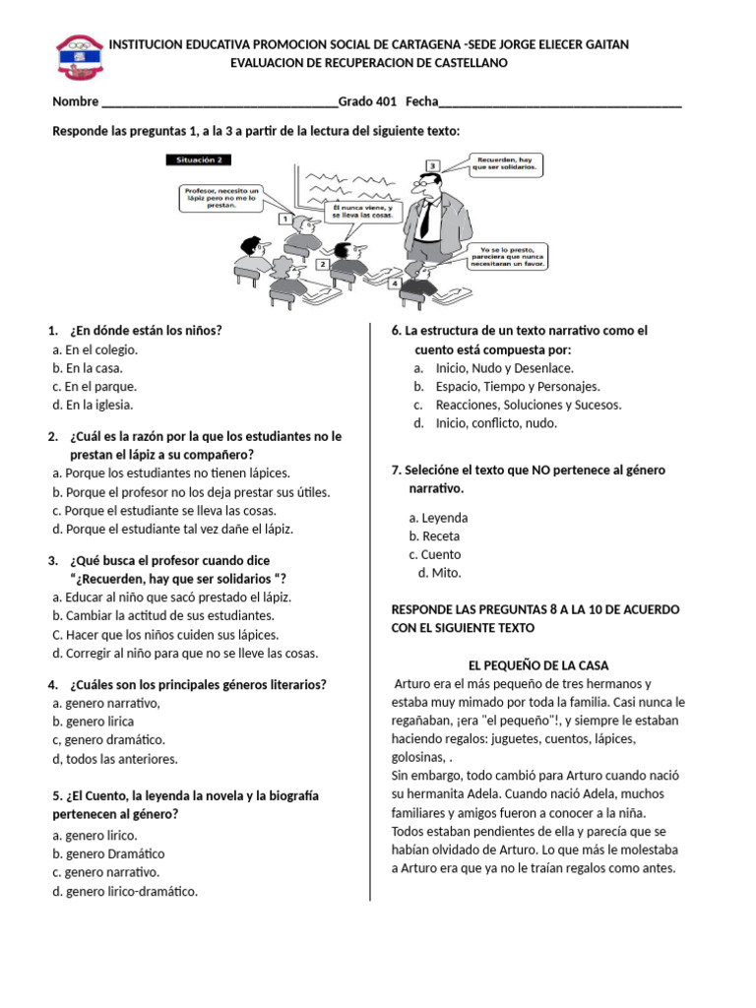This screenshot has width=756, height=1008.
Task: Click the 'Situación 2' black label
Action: (200, 159)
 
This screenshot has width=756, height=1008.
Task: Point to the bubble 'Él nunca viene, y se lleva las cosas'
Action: (362, 213)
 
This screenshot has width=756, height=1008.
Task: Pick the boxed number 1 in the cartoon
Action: (284, 219)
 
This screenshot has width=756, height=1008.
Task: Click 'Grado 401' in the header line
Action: (367, 102)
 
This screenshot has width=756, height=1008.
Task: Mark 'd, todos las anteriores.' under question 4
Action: (115, 759)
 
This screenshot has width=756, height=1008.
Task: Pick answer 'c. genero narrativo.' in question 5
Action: (106, 872)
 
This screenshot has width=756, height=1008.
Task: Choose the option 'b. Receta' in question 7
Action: (434, 536)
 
